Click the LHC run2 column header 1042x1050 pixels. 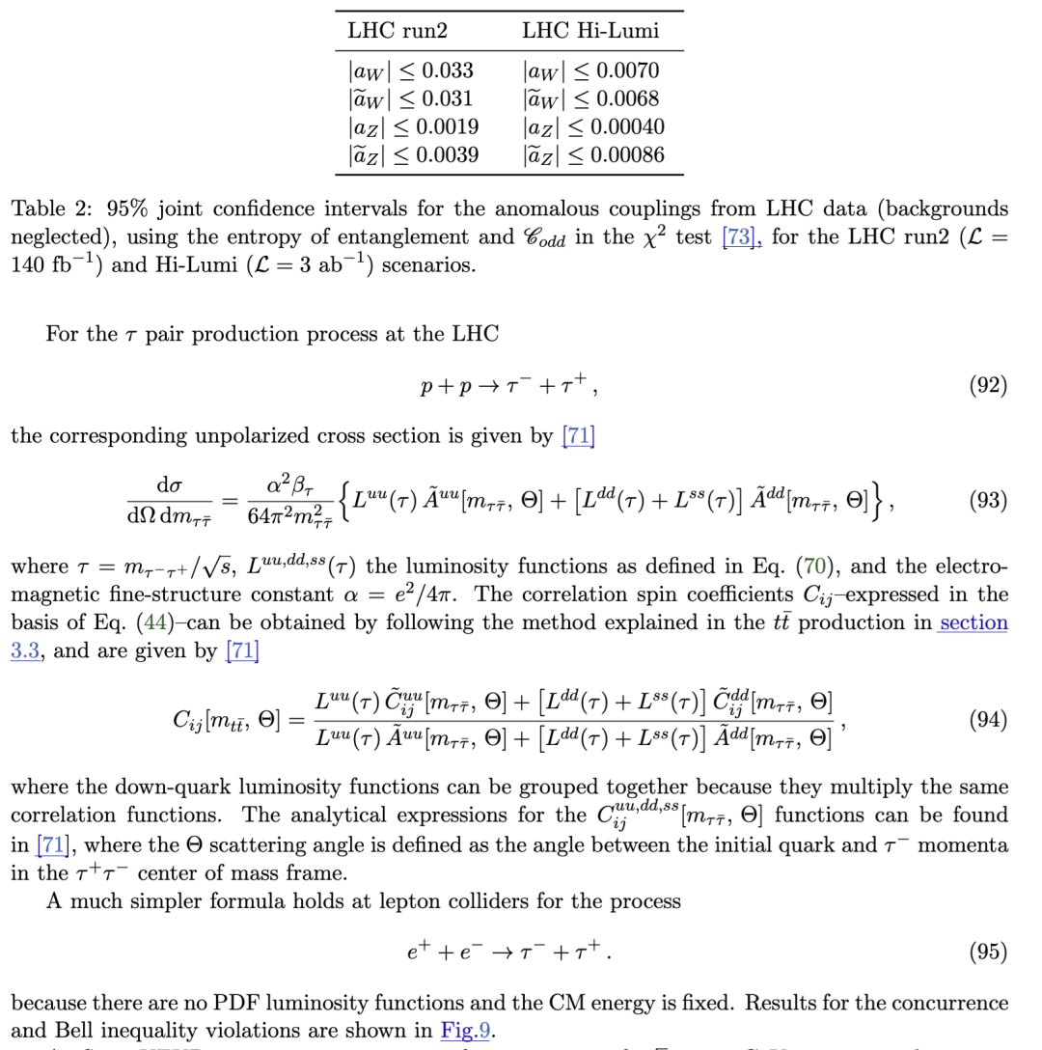[x=398, y=31]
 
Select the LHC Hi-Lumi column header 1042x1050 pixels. [x=590, y=31]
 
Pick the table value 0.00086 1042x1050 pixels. [x=630, y=154]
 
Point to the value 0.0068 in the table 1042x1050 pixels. [x=627, y=98]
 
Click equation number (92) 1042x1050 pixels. [x=987, y=385]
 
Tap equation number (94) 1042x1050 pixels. [x=987, y=719]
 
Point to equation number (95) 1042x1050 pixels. [x=987, y=952]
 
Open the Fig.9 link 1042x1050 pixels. [x=466, y=1031]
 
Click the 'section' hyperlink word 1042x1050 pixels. [x=973, y=622]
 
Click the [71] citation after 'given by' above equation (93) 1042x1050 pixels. [x=578, y=436]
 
